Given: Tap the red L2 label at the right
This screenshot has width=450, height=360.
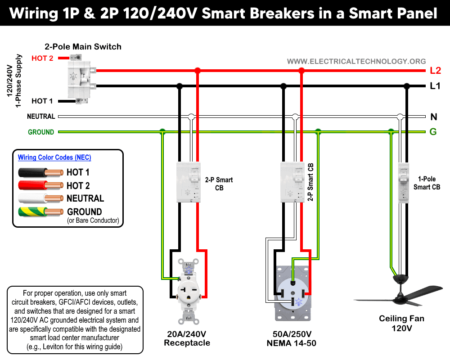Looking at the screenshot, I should coord(435,71).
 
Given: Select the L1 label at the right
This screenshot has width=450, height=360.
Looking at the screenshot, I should coord(435,86).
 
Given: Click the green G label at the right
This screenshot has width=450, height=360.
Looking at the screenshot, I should coord(433,132).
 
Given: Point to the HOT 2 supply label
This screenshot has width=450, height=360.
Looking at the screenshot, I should coord(42,58).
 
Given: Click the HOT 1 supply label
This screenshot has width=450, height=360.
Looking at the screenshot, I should coord(42,101).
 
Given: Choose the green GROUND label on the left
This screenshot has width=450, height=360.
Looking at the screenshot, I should coord(41,132).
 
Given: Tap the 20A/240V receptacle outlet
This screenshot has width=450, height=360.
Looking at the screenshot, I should coord(189,290).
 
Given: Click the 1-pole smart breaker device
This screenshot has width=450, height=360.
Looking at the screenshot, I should coord(403,185).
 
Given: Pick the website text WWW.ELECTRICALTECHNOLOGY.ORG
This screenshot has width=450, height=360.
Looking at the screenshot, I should coord(356,61).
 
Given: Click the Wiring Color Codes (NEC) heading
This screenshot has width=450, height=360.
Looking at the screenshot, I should coord(54,157).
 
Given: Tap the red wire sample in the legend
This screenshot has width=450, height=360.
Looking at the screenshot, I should coord(40,185).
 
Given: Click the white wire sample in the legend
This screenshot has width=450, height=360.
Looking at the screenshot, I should coord(40,198).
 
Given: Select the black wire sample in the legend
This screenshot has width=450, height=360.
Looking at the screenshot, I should coord(40,172).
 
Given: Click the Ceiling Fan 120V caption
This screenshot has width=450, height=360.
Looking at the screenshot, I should coord(401,324).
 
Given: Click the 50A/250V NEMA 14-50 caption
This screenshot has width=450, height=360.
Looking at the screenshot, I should coord(291,339).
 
